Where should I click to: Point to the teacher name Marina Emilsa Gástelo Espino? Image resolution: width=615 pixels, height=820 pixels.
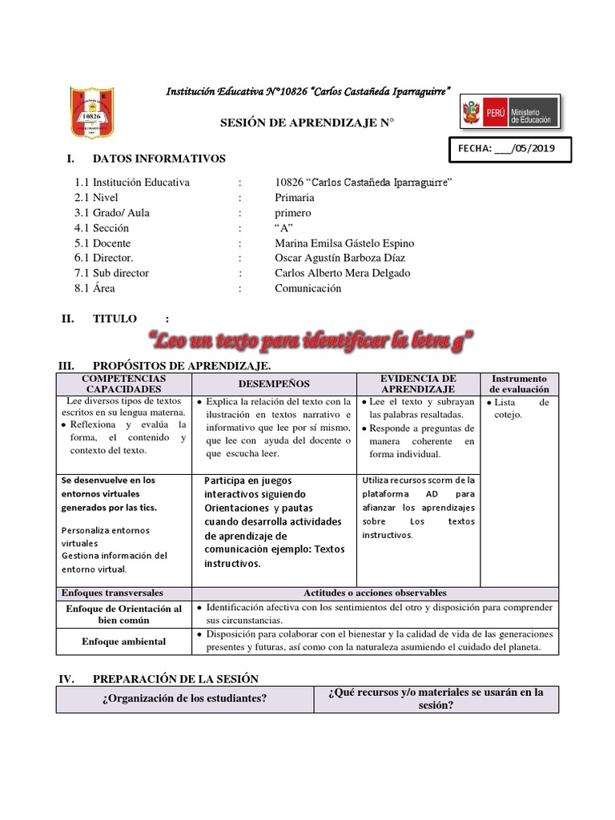tap(344, 243)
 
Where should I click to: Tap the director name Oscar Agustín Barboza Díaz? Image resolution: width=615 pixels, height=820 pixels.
tap(340, 258)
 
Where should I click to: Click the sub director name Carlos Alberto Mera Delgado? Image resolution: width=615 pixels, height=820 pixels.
tap(342, 273)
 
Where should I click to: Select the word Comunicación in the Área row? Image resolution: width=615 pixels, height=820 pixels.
tap(307, 288)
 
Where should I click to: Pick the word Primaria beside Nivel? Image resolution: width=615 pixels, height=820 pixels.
tap(294, 197)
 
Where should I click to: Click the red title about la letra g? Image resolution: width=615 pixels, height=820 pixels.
tap(308, 343)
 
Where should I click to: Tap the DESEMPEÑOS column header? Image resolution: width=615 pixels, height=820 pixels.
tap(273, 384)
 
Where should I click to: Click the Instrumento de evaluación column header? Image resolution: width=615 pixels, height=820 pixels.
tap(519, 384)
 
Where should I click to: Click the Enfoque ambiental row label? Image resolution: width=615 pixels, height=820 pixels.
tap(123, 641)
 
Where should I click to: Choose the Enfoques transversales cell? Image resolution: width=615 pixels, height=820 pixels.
tap(112, 593)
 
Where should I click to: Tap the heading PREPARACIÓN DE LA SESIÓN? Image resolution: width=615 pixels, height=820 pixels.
tap(175, 679)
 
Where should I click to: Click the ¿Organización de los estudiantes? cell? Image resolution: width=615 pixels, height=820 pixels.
tap(185, 698)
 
